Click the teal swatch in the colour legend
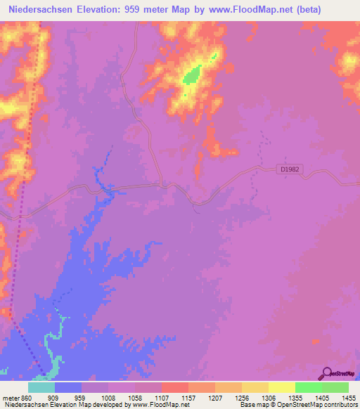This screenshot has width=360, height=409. tap(41, 387)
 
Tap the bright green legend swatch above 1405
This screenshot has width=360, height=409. tap(308, 387)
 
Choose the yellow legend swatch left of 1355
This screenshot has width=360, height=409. tap(281, 387)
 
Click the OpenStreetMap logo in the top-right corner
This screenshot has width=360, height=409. tap(344, 62)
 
